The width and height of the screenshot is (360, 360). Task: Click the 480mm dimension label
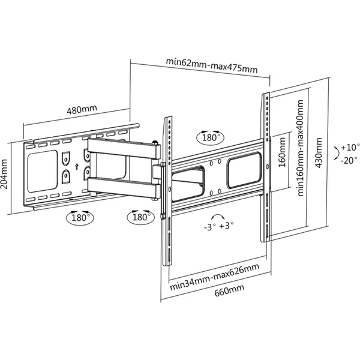pyautogui.click(x=82, y=110)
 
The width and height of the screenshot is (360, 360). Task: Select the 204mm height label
pyautogui.click(x=4, y=174)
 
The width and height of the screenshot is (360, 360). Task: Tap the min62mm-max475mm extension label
pyautogui.click(x=212, y=65)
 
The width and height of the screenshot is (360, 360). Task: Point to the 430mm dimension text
pyautogui.click(x=318, y=152)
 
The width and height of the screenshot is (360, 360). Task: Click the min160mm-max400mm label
pyautogui.click(x=301, y=148)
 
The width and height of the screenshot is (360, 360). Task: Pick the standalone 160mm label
pyautogui.click(x=282, y=152)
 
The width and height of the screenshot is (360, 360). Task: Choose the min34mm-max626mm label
pyautogui.click(x=215, y=277)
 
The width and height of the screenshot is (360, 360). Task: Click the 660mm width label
pyautogui.click(x=229, y=290)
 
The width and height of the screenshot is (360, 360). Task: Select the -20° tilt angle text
pyautogui.click(x=349, y=160)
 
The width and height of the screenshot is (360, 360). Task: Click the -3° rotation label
pyautogui.click(x=210, y=227)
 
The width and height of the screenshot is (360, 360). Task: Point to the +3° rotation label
pyautogui.click(x=226, y=226)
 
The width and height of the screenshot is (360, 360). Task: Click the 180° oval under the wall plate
pyautogui.click(x=80, y=218)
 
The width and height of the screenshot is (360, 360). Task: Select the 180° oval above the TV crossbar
pyautogui.click(x=211, y=138)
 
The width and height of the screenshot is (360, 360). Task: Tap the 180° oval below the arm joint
pyautogui.click(x=141, y=217)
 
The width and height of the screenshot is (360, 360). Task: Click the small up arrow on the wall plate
pyautogui.click(x=77, y=166)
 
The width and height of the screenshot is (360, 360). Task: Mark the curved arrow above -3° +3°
pyautogui.click(x=218, y=215)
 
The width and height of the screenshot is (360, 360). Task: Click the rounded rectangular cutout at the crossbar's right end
pyautogui.click(x=244, y=170)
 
